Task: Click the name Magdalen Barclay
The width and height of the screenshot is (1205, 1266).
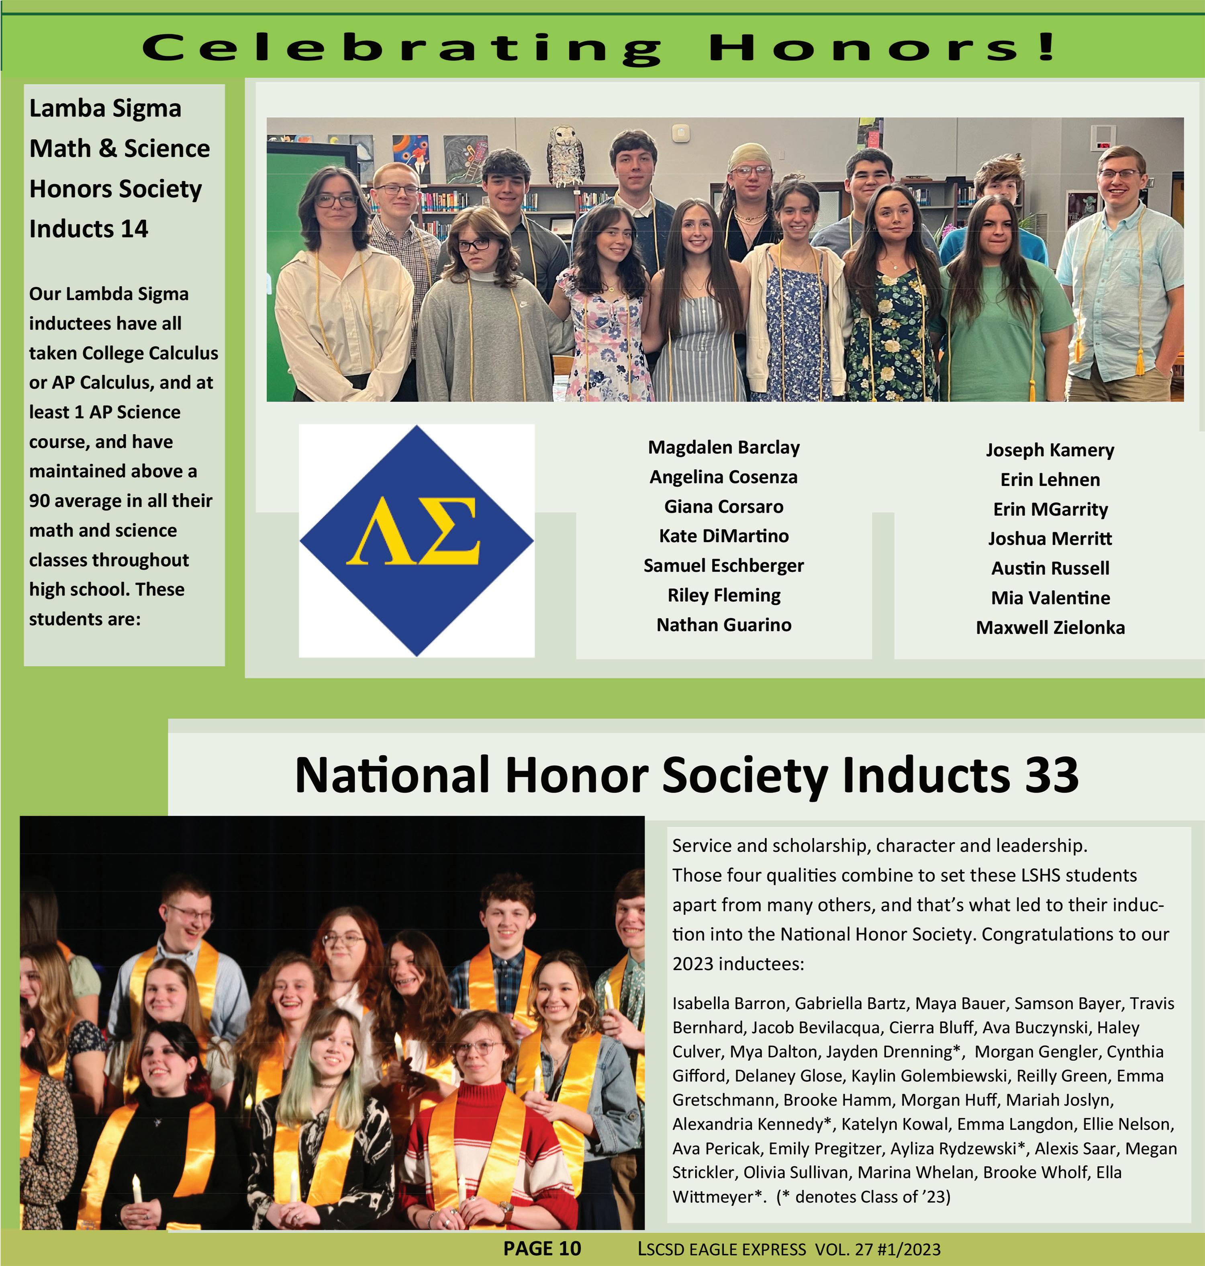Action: click(723, 447)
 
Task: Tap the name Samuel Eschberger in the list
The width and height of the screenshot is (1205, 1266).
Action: click(723, 565)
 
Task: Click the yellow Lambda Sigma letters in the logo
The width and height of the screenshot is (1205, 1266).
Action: click(414, 531)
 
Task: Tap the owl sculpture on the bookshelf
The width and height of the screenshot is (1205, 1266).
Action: click(565, 154)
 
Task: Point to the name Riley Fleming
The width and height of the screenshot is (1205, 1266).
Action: click(723, 595)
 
